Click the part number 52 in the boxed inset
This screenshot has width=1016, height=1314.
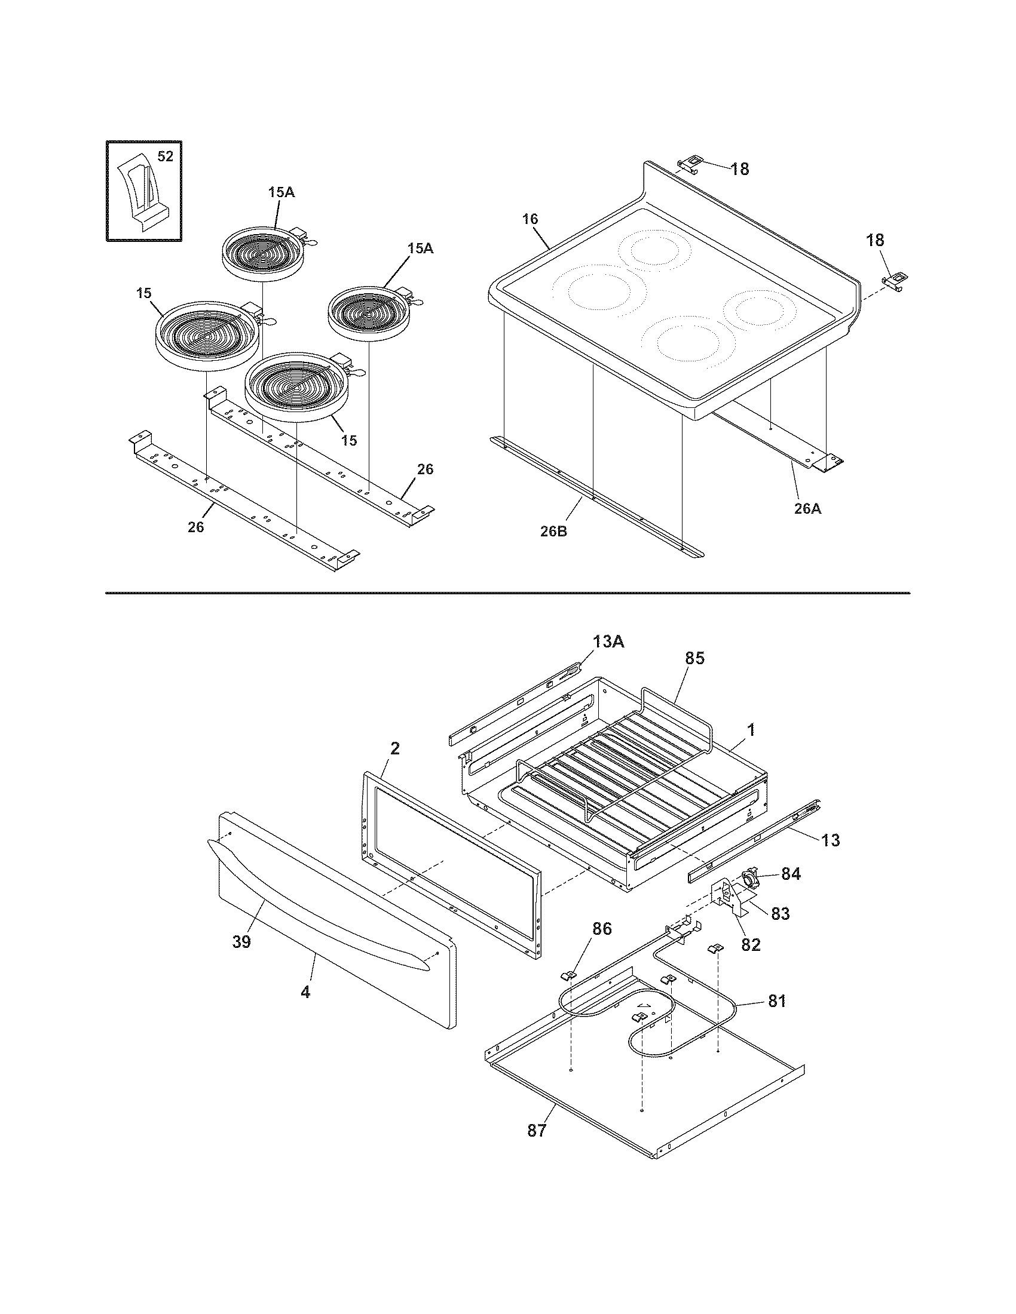click(165, 156)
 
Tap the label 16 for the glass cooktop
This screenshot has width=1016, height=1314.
click(530, 219)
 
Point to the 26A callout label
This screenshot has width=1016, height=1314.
click(807, 508)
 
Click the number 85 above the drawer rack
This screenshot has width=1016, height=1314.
click(694, 659)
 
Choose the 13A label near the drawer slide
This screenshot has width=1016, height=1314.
click(608, 642)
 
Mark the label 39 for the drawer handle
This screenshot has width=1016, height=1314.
click(241, 942)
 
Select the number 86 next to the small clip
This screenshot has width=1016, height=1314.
click(602, 929)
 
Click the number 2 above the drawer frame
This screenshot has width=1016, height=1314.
click(395, 748)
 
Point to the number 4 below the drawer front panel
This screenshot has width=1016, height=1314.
click(305, 992)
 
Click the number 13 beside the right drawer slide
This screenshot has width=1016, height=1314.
click(830, 840)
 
